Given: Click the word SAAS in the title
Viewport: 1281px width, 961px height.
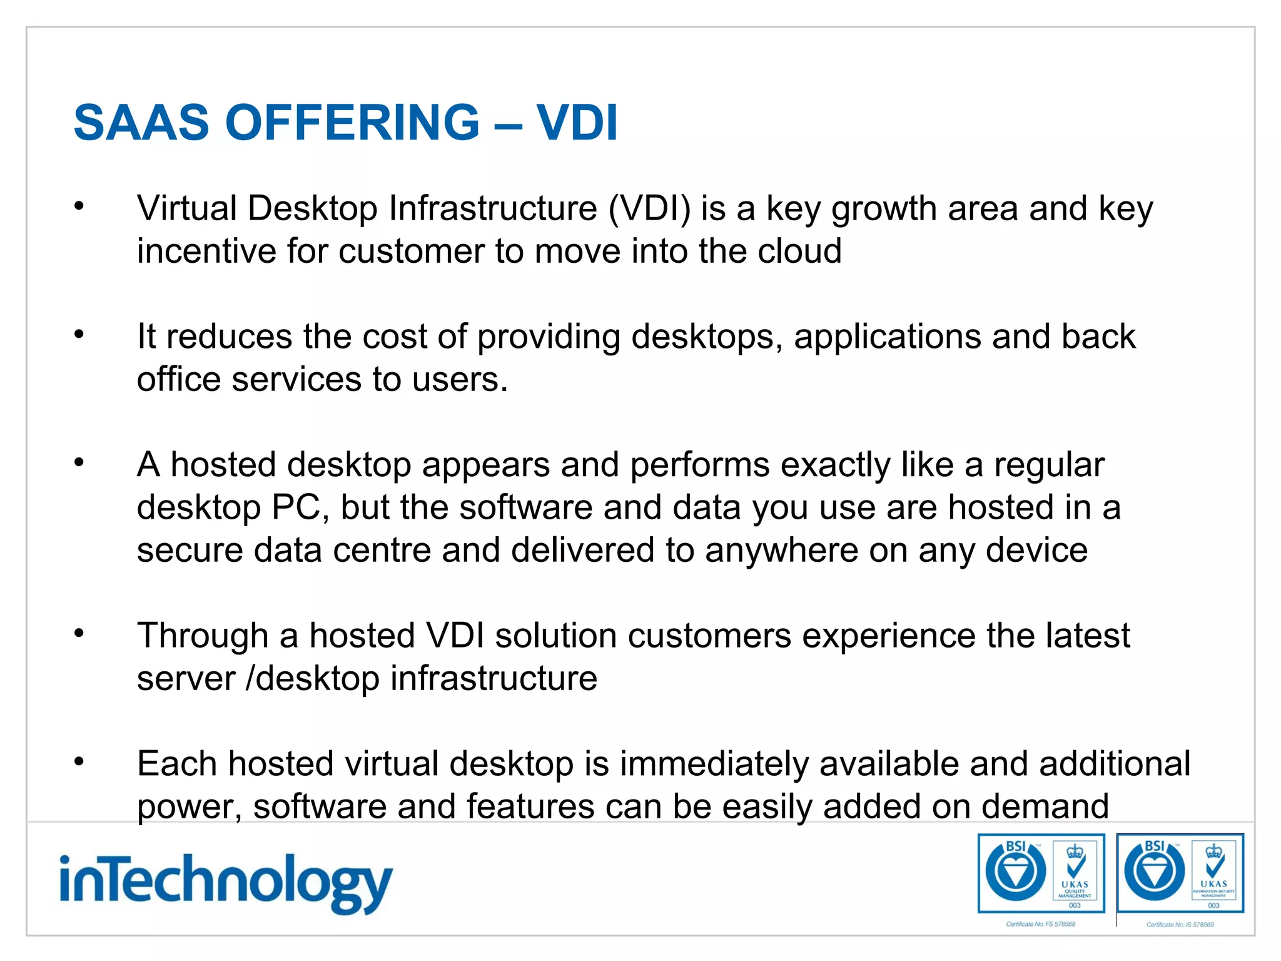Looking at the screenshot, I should [141, 123].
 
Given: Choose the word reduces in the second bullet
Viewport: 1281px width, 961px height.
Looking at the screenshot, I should [229, 337].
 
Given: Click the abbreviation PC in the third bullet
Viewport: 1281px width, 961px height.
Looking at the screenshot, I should [296, 507].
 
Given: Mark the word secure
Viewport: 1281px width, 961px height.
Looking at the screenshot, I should [190, 551].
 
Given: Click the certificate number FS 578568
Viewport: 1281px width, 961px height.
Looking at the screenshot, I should [1041, 924].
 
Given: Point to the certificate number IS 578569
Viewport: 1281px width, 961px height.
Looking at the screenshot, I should [1180, 925].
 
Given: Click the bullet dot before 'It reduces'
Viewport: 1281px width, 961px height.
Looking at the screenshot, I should [79, 335].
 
